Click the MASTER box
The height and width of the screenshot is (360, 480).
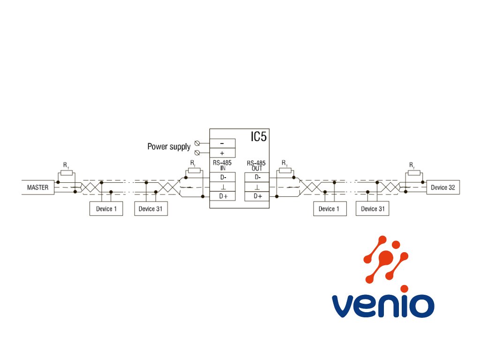tap(37, 187)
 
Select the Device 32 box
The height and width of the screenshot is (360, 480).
tap(443, 187)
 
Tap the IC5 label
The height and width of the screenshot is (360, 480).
tap(259, 136)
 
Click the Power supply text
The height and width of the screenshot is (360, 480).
tap(169, 147)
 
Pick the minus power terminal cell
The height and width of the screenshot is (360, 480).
tap(222, 143)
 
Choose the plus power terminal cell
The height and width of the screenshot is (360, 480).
tap(222, 153)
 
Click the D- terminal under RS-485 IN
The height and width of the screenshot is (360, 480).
tap(222, 177)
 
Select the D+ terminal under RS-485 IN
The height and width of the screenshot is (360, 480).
tap(222, 196)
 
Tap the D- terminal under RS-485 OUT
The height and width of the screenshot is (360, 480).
tap(257, 177)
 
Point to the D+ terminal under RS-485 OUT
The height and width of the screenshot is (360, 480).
tap(257, 196)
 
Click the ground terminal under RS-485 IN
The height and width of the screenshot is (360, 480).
tap(222, 187)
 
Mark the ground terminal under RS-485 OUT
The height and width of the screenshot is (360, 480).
tap(257, 187)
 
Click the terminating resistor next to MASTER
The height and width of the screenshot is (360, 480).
tap(67, 173)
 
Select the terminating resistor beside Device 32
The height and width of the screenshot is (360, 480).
tap(414, 173)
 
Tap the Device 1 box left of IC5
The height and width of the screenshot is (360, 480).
tap(106, 209)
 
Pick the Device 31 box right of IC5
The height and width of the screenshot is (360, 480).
tap(372, 209)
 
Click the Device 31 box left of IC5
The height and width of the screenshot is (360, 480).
tap(151, 209)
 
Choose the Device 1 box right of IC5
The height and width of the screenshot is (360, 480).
tap(330, 209)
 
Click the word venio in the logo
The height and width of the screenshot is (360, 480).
tap(383, 306)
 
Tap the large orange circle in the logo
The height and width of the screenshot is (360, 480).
tap(386, 257)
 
